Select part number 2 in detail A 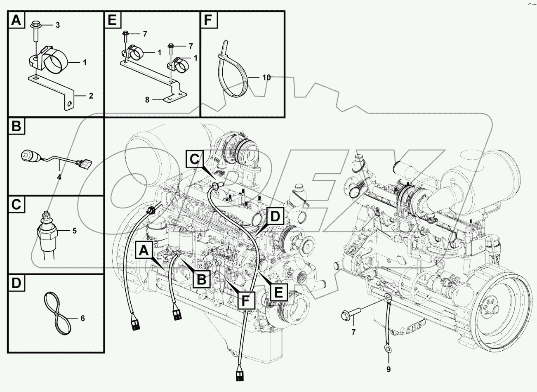point(91,96)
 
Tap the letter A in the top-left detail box point(16,20)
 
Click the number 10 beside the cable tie point(266,77)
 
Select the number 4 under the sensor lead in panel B point(59,177)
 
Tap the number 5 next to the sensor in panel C point(74,231)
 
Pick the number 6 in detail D point(82,318)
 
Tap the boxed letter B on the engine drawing point(201,280)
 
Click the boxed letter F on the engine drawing point(246,300)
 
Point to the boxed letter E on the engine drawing point(278,293)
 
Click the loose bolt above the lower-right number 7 point(351,315)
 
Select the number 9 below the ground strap point(389,369)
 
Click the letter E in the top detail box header point(112,20)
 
